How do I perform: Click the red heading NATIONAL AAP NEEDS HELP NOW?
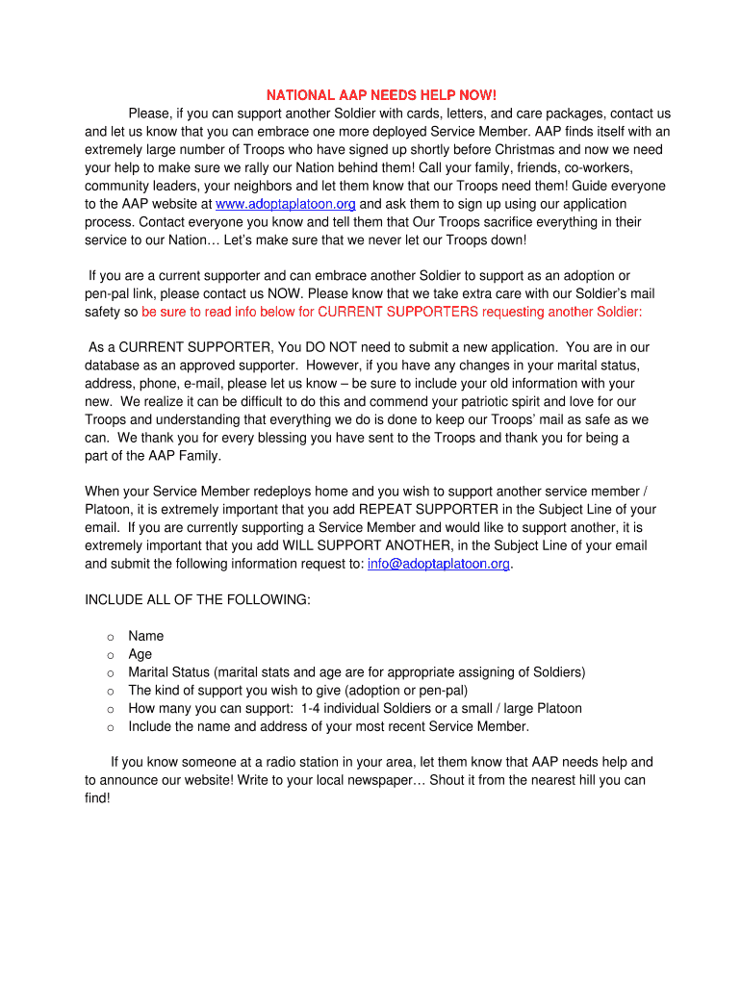tap(381, 95)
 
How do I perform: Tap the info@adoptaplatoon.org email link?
tap(438, 564)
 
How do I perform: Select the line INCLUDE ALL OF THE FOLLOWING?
tap(197, 600)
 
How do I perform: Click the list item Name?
tap(145, 636)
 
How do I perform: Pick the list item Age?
tap(140, 654)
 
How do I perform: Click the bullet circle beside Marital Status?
tap(111, 673)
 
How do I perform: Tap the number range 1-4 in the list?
tap(313, 709)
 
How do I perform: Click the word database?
tap(113, 366)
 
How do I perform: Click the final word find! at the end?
tap(97, 798)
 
